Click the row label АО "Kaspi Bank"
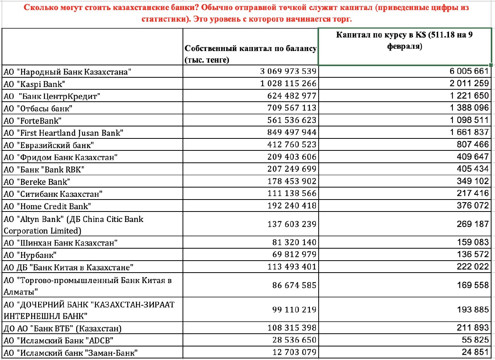tap(34, 84)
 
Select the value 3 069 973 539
tap(288, 72)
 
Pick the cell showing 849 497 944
tap(292, 133)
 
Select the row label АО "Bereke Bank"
tap(37, 181)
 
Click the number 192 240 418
tap(292, 206)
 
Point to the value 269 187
tap(473, 224)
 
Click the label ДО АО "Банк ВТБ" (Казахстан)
tap(63, 329)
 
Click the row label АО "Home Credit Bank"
tap(48, 206)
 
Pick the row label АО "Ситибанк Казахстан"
tap(53, 194)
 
